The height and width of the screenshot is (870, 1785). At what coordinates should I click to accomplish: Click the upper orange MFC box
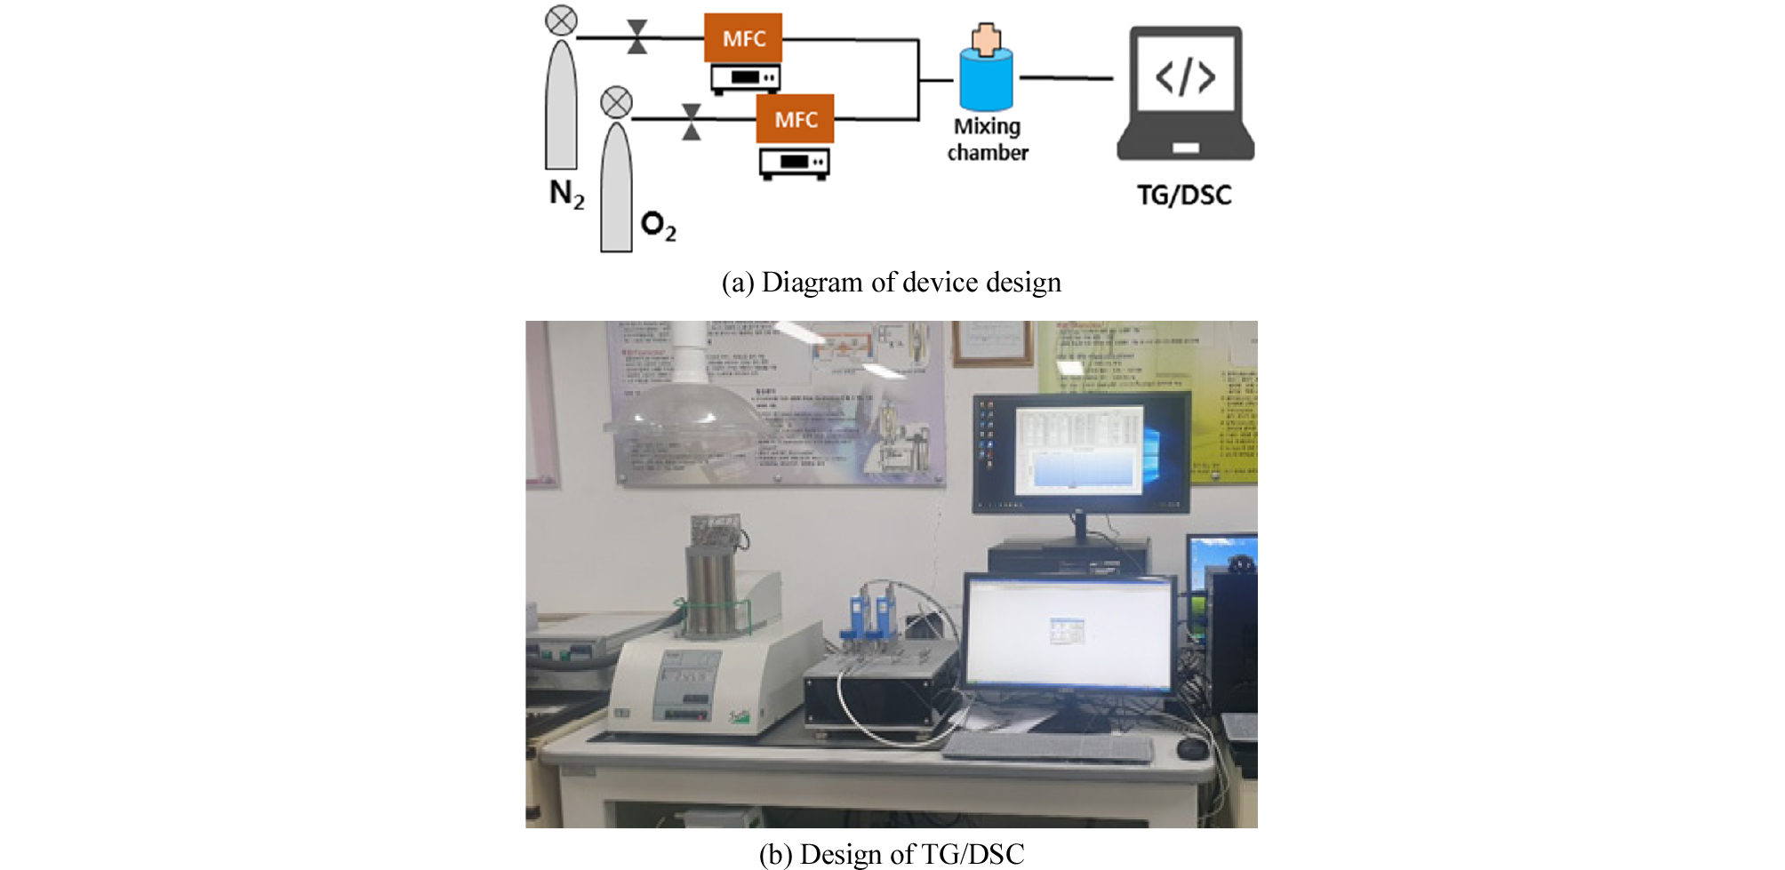742,38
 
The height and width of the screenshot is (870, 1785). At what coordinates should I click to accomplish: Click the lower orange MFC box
795,119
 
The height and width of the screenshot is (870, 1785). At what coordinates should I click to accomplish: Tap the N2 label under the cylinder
566,194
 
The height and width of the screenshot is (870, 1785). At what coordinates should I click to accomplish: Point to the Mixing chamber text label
987,140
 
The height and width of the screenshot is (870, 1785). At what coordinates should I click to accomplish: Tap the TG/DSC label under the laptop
1184,196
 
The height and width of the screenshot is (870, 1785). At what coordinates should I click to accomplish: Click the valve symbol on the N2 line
637,37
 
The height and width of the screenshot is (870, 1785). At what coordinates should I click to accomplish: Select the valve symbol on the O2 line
691,122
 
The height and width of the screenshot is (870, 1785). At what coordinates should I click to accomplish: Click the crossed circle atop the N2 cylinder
561,20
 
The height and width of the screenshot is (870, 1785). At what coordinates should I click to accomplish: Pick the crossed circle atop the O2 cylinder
616,102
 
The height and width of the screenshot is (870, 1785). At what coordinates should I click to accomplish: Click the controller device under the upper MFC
745,78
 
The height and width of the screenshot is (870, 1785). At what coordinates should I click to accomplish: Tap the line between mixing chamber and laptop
1066,78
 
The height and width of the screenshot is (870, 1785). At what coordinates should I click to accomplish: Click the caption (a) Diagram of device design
891,283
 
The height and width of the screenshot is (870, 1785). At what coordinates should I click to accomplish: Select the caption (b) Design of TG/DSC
891,853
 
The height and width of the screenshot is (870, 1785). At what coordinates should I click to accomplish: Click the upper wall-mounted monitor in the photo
1081,453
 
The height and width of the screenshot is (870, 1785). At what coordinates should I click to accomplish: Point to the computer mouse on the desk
1191,749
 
